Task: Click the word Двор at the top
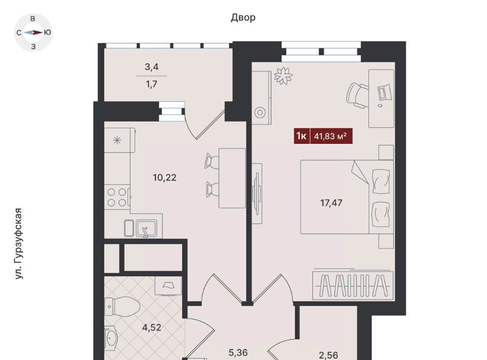[243, 18]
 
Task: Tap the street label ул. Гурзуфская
[19, 243]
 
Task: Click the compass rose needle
[33, 32]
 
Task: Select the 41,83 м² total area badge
[330, 136]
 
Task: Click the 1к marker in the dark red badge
[301, 136]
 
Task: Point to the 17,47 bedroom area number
[331, 203]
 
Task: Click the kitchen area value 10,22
[164, 177]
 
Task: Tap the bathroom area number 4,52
[152, 328]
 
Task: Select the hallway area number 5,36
[238, 352]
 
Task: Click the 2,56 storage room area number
[328, 355]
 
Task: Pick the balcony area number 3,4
[152, 67]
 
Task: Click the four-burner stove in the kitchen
[117, 197]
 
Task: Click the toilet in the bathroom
[122, 307]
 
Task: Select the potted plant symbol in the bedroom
[283, 76]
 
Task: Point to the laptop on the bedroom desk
[384, 92]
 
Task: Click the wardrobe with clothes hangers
[353, 285]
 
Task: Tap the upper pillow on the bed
[380, 181]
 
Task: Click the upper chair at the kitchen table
[212, 161]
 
